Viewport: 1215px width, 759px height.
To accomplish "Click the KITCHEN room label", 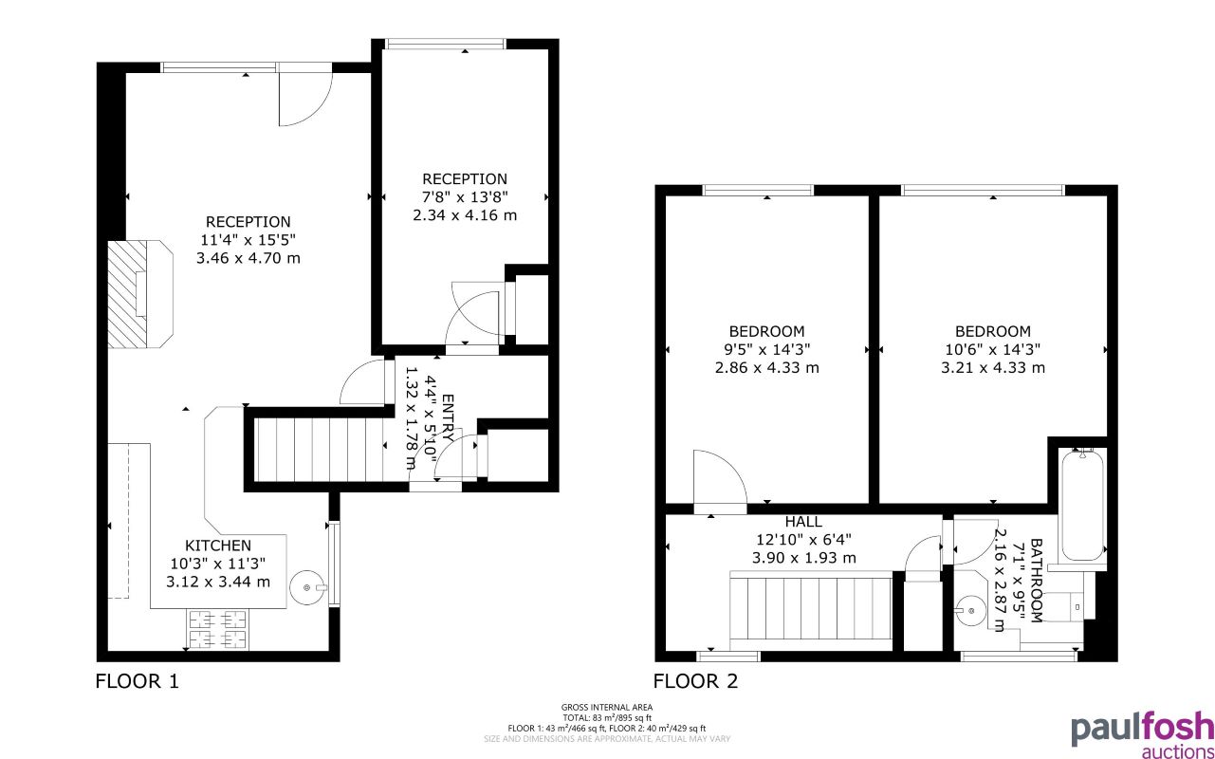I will (217, 546).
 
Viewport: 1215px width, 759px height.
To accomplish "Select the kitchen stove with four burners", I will (218, 629).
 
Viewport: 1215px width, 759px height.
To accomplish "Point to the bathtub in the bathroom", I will (1081, 505).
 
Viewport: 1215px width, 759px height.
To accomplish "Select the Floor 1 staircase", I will (318, 451).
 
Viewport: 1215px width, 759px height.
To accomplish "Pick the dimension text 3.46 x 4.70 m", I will (248, 258).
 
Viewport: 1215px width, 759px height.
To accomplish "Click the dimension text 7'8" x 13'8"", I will (465, 197).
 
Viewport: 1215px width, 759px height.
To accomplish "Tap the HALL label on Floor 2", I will (803, 522).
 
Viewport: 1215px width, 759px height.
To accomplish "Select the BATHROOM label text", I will (1036, 581).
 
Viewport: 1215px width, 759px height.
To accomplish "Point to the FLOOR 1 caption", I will (137, 680).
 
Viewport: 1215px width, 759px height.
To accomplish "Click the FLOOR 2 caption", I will (695, 680).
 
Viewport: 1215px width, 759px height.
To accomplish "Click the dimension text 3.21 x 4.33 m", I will (992, 368).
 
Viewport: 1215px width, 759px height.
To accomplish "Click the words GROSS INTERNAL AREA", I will (606, 707).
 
